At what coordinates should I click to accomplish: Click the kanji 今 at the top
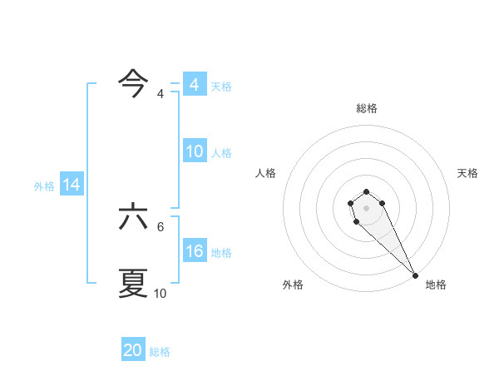tap(134, 82)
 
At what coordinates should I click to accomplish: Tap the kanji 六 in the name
tap(134, 217)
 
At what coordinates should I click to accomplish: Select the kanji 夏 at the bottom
tap(134, 283)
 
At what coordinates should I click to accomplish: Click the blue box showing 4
tap(194, 85)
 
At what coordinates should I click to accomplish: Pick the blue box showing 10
tap(194, 151)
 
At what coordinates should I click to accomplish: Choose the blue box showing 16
tap(194, 251)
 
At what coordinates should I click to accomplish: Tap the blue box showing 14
tap(72, 186)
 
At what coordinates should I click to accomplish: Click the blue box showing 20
tap(133, 350)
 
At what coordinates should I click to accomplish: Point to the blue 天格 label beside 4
tap(221, 86)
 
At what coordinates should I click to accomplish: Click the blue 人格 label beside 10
tap(221, 152)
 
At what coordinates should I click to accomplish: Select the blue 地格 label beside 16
tap(221, 252)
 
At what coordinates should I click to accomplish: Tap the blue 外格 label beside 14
tap(44, 186)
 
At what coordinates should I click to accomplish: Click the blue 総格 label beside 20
tap(160, 351)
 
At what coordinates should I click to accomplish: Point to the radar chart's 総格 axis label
tap(367, 108)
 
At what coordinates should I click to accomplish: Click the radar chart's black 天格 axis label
tap(467, 173)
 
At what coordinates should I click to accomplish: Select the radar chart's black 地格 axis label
tap(436, 285)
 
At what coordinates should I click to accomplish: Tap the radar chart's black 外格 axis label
tap(293, 285)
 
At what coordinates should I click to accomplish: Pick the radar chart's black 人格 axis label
tap(266, 173)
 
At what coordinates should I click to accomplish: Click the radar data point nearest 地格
tap(415, 275)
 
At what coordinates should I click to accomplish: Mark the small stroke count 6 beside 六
tap(161, 226)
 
